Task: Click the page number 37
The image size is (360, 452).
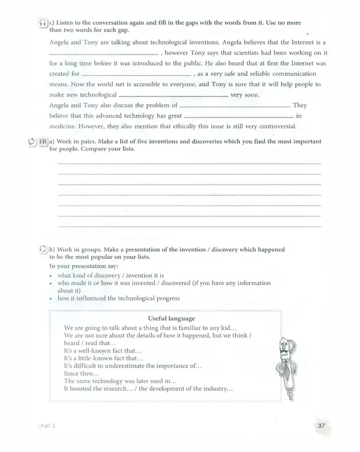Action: coord(321,426)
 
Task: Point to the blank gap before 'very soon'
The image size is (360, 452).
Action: coord(174,96)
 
